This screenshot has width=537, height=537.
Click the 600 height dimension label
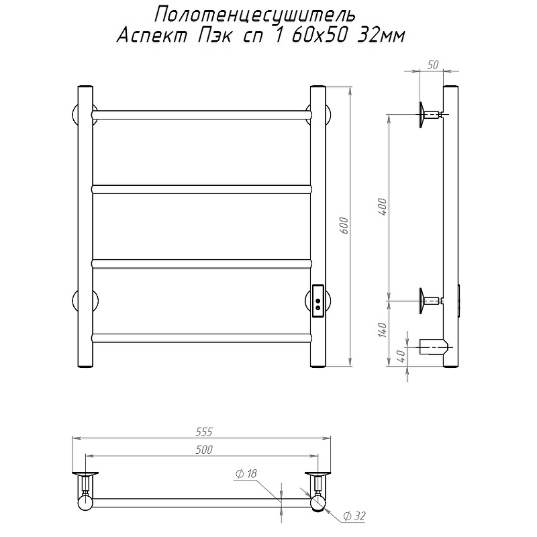point(344,226)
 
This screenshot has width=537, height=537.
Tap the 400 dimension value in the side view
point(383,207)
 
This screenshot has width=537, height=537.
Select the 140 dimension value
point(383,330)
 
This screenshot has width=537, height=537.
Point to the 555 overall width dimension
point(204,432)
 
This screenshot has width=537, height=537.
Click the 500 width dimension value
point(204,450)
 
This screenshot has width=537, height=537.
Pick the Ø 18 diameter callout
point(246,474)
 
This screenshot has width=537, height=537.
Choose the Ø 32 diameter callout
point(354,516)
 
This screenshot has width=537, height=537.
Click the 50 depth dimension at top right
point(433,64)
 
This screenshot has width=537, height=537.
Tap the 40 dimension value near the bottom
point(402,356)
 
